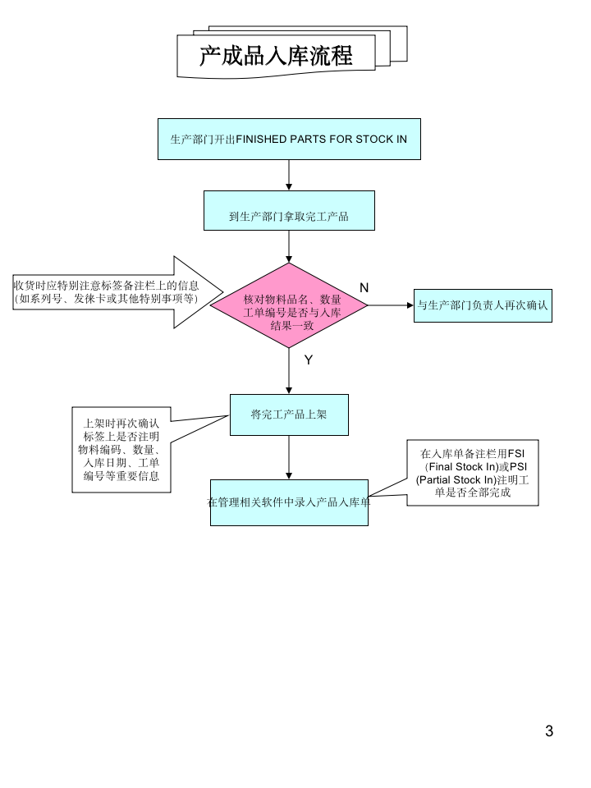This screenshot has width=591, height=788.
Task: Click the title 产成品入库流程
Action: click(x=276, y=56)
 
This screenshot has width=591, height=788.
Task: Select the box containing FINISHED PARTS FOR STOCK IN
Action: click(x=288, y=139)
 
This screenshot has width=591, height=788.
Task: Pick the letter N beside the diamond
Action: click(x=364, y=287)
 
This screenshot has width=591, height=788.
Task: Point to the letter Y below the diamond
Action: click(x=309, y=360)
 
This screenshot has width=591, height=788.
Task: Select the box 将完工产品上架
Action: click(x=289, y=415)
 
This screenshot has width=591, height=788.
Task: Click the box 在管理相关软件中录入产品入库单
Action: click(x=289, y=502)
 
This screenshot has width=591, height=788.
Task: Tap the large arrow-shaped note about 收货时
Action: click(x=115, y=292)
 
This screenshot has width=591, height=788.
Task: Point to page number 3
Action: click(x=549, y=731)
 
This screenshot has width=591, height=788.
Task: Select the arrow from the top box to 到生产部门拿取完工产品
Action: click(x=289, y=175)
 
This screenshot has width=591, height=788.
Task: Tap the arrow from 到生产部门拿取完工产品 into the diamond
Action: click(x=289, y=246)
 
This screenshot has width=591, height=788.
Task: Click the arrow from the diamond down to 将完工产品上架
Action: click(x=289, y=371)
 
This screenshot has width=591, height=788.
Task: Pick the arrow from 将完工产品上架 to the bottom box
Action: click(x=289, y=457)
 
